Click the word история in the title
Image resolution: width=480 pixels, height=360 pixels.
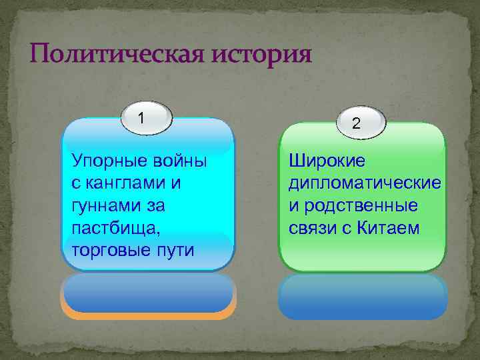262,53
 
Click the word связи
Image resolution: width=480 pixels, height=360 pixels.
309,229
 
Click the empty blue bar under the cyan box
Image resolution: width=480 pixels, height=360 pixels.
147,293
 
